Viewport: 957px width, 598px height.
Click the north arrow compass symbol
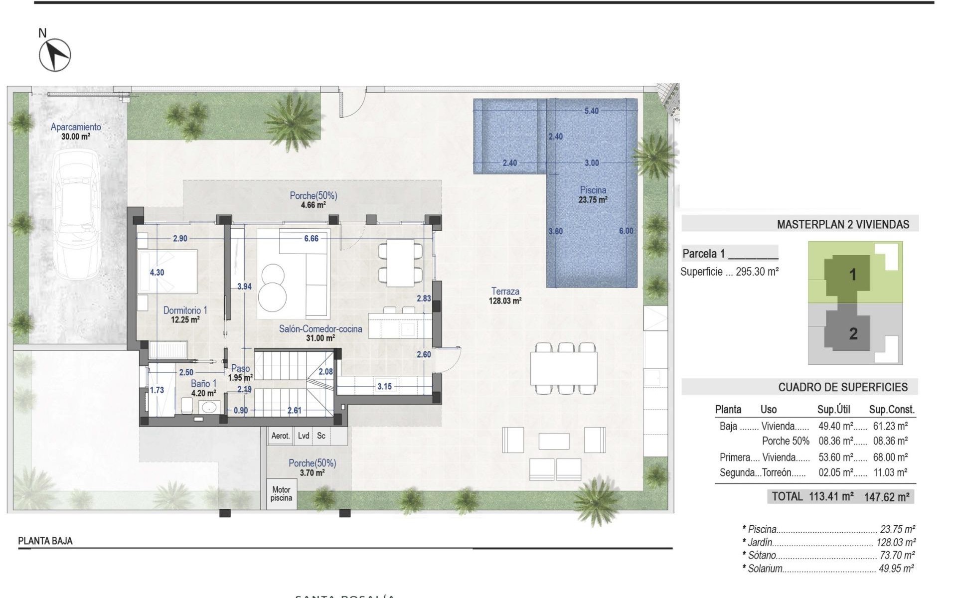(x=55, y=55)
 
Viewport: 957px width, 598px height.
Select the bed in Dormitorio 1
(x=167, y=271)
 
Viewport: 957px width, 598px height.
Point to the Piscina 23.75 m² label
(x=593, y=195)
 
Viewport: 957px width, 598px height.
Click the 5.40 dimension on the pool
(x=592, y=111)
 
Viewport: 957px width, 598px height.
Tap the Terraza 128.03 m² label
(x=505, y=296)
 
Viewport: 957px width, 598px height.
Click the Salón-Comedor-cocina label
(x=320, y=333)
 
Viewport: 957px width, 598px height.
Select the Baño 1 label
(x=203, y=388)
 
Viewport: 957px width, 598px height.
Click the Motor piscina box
(x=281, y=494)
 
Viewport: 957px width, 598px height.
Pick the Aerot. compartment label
(x=280, y=436)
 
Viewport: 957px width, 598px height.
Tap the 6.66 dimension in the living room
(x=311, y=239)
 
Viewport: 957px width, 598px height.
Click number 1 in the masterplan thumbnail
(x=852, y=274)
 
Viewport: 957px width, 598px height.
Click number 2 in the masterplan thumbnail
(x=853, y=333)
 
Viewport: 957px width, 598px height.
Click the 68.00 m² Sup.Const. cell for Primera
(x=890, y=457)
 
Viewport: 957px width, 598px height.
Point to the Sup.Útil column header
(x=833, y=410)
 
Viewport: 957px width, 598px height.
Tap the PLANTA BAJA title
(x=45, y=541)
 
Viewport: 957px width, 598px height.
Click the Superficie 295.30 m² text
(x=729, y=272)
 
